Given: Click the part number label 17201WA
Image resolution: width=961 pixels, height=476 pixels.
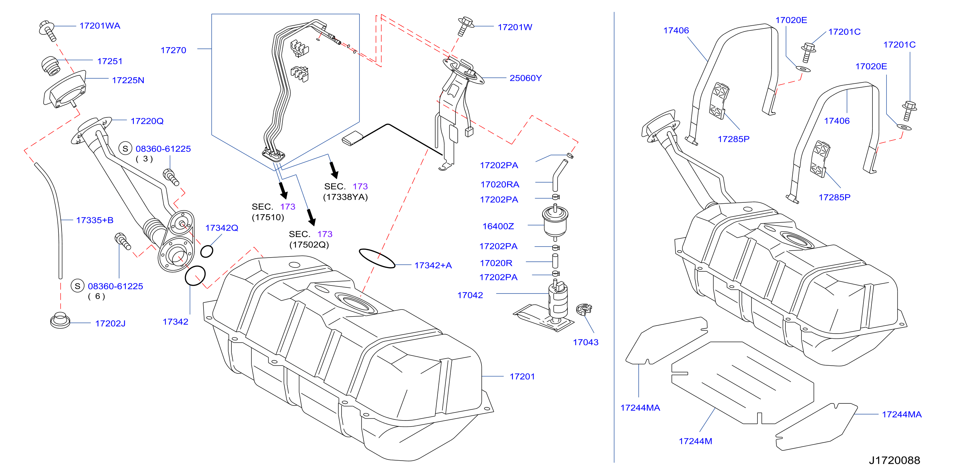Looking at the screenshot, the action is (x=100, y=26).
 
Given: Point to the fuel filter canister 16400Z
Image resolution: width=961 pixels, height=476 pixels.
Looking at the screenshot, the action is (x=555, y=222).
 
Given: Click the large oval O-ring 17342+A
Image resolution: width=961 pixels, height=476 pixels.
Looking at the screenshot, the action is (x=377, y=258).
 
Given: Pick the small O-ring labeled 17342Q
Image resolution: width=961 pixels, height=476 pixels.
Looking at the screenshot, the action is (x=207, y=251).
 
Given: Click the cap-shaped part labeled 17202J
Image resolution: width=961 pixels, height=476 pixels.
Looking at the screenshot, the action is (x=60, y=320).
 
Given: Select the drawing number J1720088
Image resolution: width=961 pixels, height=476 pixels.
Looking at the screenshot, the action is (x=894, y=460).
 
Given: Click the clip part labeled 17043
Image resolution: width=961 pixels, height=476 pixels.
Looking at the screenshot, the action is (x=584, y=309).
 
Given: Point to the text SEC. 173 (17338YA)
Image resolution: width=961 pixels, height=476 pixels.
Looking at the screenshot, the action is (x=345, y=191).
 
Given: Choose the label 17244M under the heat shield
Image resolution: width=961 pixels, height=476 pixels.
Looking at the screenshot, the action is (x=695, y=441).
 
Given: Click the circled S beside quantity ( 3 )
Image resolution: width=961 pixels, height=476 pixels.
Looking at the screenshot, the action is (x=126, y=149).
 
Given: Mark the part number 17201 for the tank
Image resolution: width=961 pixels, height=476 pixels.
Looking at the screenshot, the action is (x=522, y=377).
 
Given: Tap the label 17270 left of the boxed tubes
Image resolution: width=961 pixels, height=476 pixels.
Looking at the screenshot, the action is (x=173, y=50).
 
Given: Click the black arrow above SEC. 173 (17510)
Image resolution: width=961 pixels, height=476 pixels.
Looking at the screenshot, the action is (x=283, y=190).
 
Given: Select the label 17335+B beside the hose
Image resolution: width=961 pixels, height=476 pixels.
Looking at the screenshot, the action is (x=95, y=220).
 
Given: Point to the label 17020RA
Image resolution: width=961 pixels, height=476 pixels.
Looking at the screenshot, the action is (x=499, y=184).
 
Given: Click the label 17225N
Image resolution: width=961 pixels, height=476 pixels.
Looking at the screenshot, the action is (x=128, y=80).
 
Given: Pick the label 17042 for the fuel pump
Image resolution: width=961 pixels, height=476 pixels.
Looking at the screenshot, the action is (x=470, y=295).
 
